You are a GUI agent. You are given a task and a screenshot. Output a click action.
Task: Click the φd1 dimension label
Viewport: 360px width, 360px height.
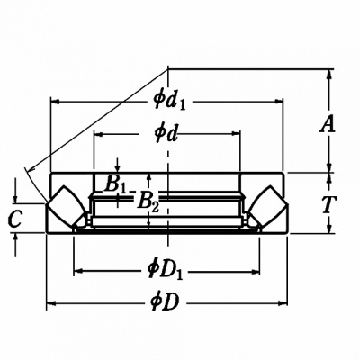point(169,101)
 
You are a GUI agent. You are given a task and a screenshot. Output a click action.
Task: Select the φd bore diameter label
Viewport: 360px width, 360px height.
point(165,134)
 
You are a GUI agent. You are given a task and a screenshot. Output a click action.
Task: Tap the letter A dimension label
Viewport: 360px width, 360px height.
point(328,124)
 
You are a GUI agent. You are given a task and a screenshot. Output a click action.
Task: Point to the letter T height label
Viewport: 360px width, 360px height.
point(329,204)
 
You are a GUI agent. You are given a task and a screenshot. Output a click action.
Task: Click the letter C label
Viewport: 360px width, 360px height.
point(14,219)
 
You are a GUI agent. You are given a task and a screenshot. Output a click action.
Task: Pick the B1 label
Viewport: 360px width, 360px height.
point(115,184)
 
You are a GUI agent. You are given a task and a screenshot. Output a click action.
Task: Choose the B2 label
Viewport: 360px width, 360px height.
point(148,202)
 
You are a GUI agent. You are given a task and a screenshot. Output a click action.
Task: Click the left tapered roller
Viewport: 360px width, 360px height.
point(67,208)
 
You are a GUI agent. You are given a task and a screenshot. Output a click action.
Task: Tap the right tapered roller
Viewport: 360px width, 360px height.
point(268,208)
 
